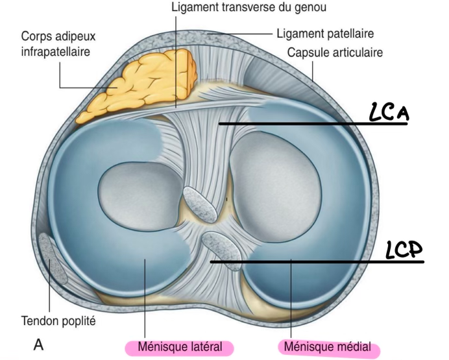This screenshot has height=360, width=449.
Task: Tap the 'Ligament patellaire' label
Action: tap(324, 32)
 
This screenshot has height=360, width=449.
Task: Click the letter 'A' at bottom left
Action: tap(38, 344)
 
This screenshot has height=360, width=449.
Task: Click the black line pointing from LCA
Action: tap(311, 123)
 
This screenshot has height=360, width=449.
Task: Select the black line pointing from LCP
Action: tap(318, 262)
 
